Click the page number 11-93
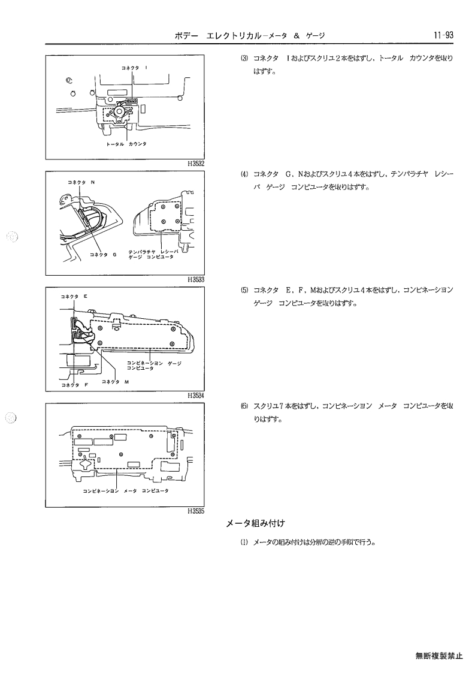coord(444,35)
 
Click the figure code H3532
coord(196,164)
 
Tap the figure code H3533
coord(196,280)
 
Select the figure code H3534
coord(196,396)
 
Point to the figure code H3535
coord(196,511)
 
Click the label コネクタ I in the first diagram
coord(135,68)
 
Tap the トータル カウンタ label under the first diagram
coord(126,144)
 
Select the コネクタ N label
coord(81,182)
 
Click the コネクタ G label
coord(103,255)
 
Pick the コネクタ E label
coord(74,296)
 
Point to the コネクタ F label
coord(75,385)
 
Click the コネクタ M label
coord(116,382)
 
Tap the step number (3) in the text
coord(244,58)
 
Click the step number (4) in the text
coord(244,174)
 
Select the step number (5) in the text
coord(244,290)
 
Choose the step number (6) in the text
coord(244,406)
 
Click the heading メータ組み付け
coord(255,523)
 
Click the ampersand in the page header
coord(297,36)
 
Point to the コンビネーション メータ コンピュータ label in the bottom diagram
coord(125,491)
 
